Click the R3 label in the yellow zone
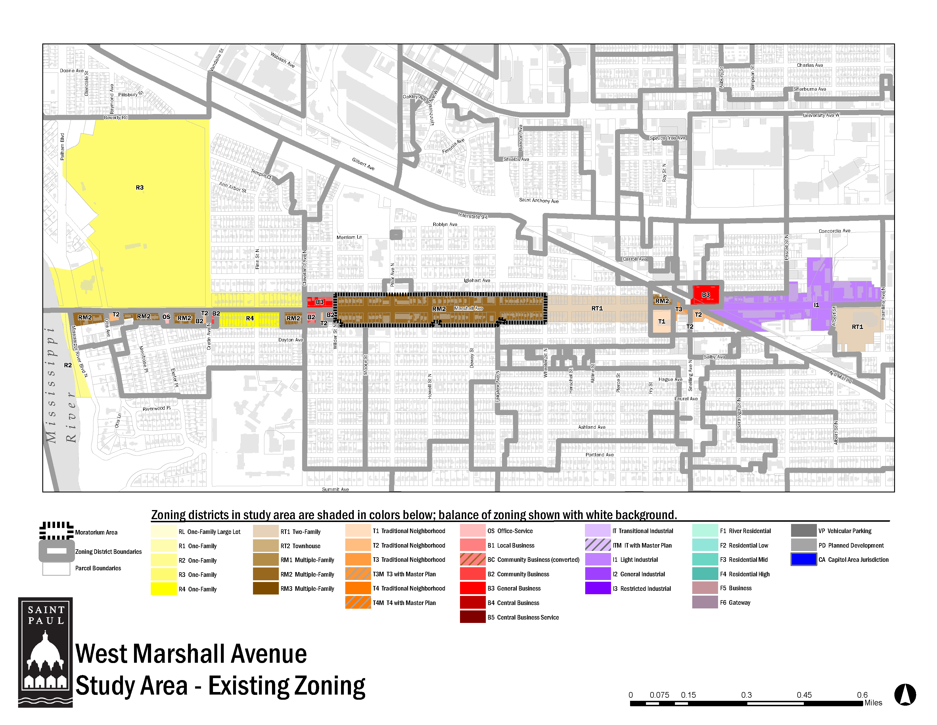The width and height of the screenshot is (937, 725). tap(139, 188)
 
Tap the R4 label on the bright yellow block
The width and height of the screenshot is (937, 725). tap(250, 318)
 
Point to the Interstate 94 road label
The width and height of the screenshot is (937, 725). tap(472, 216)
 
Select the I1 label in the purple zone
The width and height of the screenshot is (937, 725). tap(816, 305)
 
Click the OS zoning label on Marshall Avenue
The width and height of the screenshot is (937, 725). tap(166, 317)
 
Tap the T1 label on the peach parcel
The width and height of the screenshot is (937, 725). tap(662, 321)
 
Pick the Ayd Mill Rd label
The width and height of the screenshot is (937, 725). tap(840, 377)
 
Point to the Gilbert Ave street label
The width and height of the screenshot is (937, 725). tap(363, 164)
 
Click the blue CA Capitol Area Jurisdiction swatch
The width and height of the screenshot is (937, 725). tap(804, 559)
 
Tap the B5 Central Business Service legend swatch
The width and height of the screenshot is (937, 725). tap(472, 617)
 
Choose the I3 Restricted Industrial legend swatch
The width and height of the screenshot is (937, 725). tap(597, 588)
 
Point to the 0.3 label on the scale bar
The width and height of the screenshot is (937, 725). tap(746, 695)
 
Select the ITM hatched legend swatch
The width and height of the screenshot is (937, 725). tap(597, 545)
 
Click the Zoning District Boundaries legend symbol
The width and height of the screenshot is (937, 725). tap(56, 551)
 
